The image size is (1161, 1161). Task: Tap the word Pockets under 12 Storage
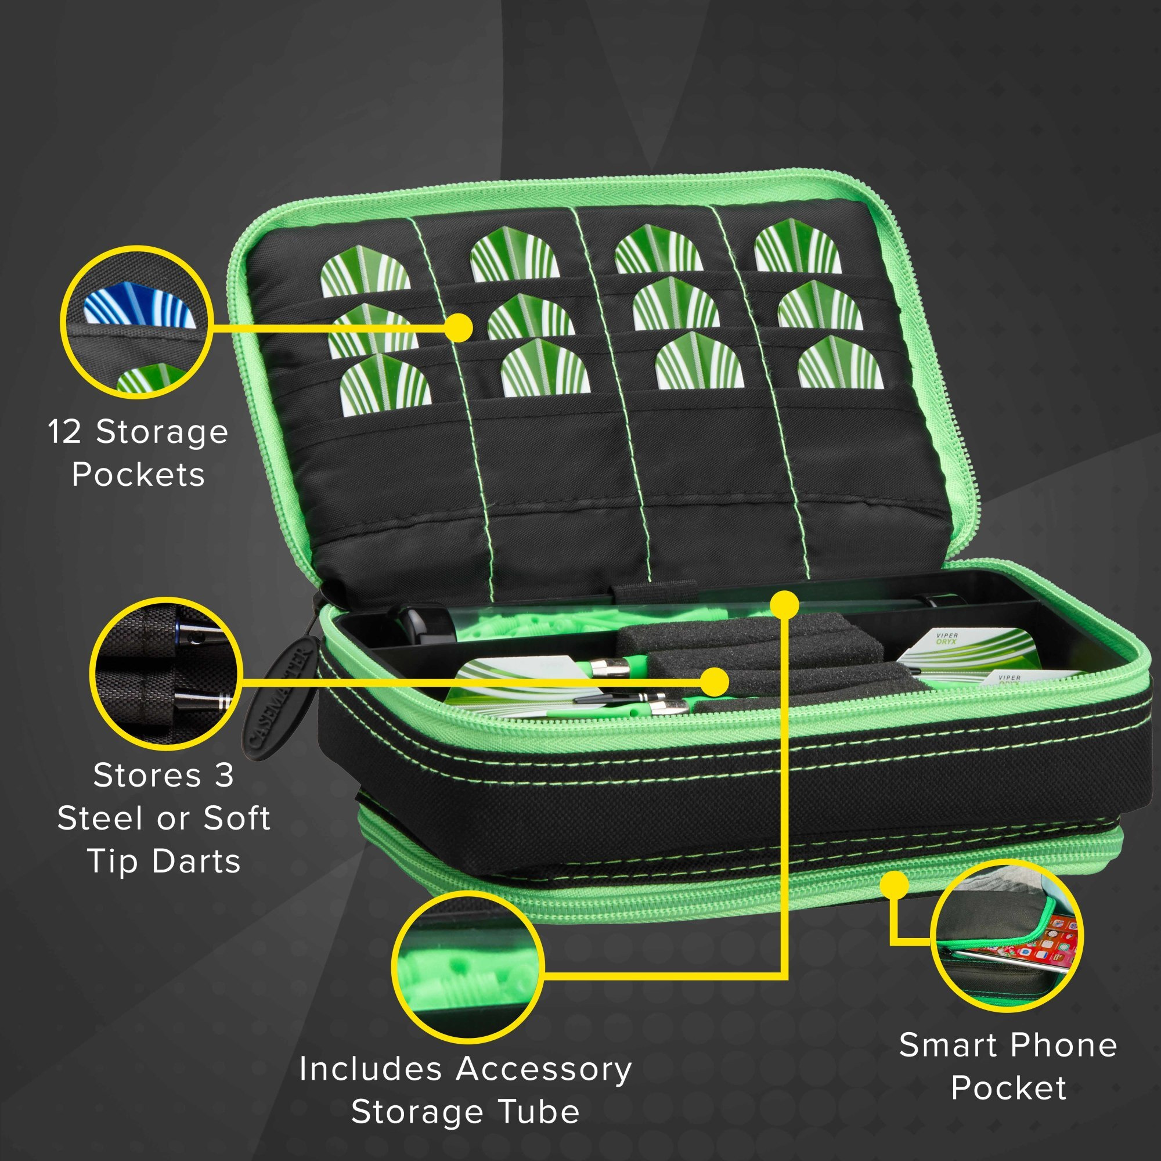tap(138, 475)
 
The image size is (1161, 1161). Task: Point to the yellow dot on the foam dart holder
tap(714, 682)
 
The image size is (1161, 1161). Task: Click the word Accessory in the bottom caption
tap(543, 1070)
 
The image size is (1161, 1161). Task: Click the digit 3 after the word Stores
tap(223, 775)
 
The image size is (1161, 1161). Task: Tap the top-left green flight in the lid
tap(365, 272)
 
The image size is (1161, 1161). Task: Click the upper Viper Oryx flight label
tap(949, 639)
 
